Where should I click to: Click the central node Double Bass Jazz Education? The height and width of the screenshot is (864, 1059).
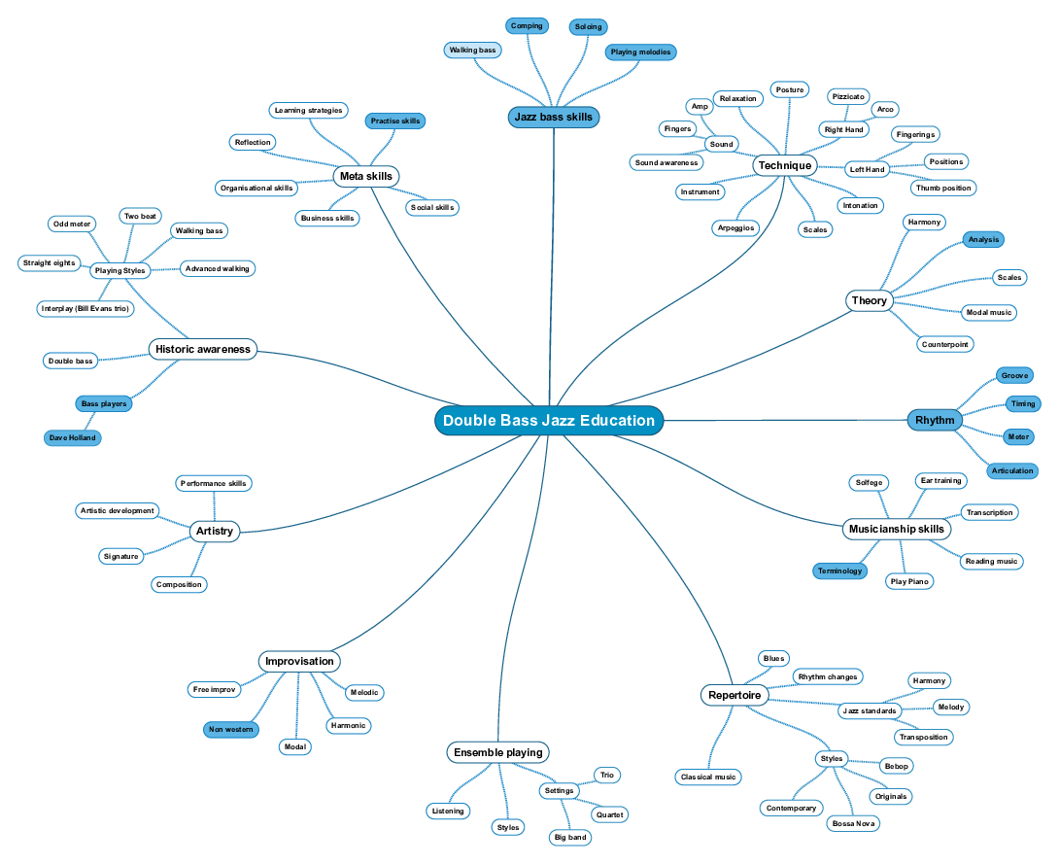(549, 421)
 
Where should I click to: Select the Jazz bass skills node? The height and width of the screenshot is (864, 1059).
(554, 118)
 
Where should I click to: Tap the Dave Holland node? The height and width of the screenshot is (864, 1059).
(73, 438)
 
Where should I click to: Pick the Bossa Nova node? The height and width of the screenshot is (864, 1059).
(853, 823)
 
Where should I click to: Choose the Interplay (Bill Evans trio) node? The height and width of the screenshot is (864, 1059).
(85, 308)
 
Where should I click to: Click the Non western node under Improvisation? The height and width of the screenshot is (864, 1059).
(231, 729)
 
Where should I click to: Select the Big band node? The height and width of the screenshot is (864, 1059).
(569, 837)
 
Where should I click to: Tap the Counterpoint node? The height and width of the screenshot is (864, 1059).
(945, 344)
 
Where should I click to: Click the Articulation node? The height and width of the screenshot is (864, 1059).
(1012, 470)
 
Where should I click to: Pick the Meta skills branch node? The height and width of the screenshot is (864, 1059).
(366, 176)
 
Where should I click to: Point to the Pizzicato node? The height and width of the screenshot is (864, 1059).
(847, 96)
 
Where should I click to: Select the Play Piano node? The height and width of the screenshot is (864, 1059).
(909, 581)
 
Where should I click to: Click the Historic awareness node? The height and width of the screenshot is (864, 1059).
(202, 349)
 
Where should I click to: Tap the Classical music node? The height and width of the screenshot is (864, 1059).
(709, 777)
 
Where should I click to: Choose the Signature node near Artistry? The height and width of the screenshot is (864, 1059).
(121, 556)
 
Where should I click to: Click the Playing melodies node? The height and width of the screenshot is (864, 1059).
(640, 52)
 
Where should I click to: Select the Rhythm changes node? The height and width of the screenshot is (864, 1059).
(828, 676)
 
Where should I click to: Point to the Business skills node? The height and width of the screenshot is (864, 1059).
(327, 218)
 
